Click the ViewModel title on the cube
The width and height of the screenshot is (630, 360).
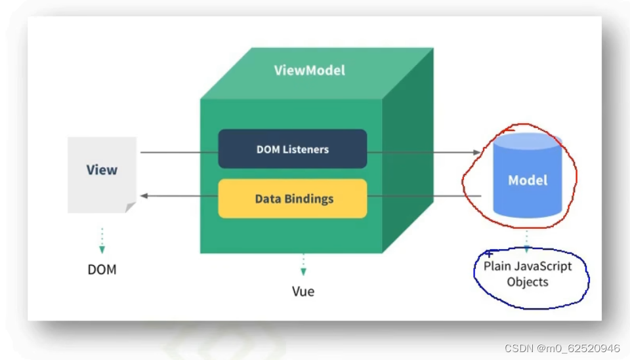[309, 70]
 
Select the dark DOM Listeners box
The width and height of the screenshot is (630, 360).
[292, 149]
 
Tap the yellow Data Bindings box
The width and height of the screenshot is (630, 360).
[292, 198]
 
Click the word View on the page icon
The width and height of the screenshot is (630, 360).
[102, 170]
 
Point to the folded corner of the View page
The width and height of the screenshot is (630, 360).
[130, 207]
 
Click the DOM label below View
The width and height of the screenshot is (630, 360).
[102, 270]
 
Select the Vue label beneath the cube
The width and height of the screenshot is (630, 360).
[303, 291]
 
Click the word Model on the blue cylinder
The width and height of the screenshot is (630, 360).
[528, 180]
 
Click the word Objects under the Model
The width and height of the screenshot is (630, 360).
[528, 282]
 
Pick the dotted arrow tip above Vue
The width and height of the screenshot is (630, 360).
[303, 271]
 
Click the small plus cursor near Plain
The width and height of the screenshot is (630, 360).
[489, 254]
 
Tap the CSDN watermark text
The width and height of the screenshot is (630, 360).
[562, 348]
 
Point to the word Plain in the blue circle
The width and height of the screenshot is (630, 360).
[496, 266]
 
